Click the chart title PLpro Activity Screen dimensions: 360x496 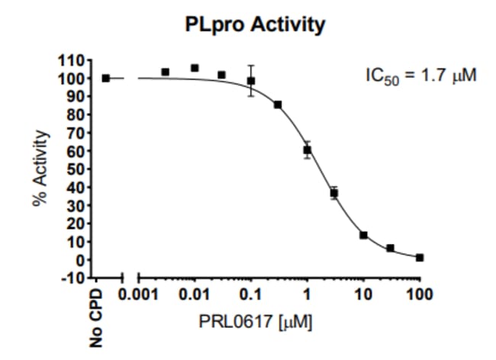tap(255, 25)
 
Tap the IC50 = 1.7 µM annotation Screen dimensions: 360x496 tap(421, 76)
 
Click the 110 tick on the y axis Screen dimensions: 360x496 tap(72, 59)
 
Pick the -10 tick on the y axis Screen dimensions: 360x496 tap(72, 278)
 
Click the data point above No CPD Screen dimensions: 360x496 tap(106, 78)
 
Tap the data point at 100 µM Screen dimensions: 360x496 tap(419, 258)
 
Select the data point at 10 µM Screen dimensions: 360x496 tap(363, 235)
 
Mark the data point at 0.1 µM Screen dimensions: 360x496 tap(250, 80)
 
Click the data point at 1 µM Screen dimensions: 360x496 tap(307, 150)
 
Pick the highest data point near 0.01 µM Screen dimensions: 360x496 tap(194, 68)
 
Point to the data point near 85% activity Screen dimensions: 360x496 tap(278, 104)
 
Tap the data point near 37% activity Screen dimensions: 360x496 tap(333, 193)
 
